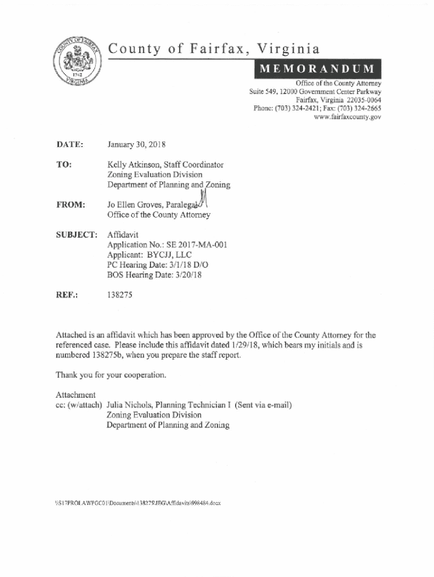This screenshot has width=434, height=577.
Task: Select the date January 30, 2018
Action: tap(136, 145)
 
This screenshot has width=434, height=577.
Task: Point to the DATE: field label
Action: tap(70, 145)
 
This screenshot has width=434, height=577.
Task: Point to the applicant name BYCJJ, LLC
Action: tap(168, 255)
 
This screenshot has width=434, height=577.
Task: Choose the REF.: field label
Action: tap(67, 295)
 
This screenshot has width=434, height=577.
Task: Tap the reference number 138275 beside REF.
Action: tap(120, 295)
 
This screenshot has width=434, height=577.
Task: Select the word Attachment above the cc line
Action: tap(76, 394)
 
